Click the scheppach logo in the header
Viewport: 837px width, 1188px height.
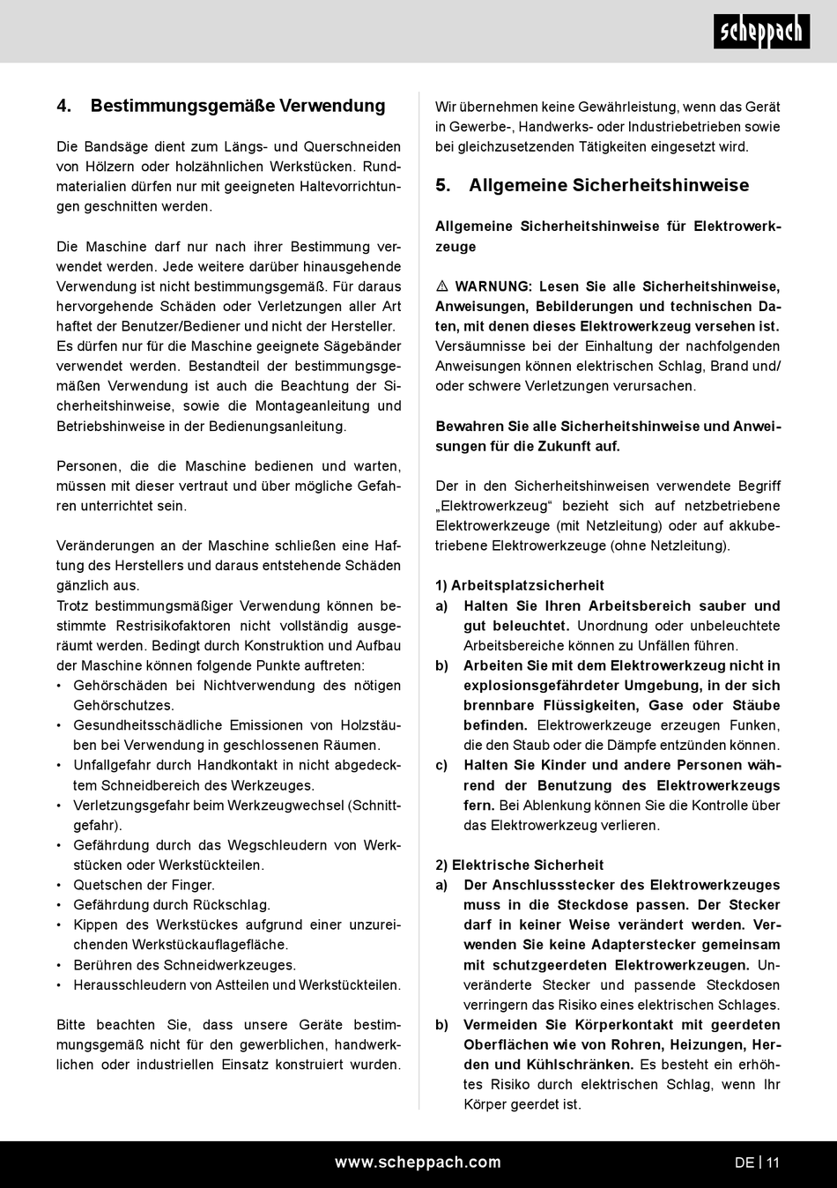tap(761, 32)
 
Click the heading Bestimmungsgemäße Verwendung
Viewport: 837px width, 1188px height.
tap(238, 106)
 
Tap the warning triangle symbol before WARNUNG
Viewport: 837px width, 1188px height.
tap(442, 287)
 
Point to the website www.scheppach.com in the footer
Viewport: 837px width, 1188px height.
tap(418, 1162)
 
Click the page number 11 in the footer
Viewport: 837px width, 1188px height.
tap(773, 1162)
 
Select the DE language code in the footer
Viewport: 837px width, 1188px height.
tap(744, 1162)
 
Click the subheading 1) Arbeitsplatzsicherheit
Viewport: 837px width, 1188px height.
tap(520, 585)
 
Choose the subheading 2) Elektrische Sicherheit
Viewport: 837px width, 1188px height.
tap(520, 865)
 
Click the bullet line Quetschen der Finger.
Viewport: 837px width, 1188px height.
tap(144, 885)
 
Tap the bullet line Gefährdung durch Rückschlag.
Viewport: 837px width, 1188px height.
tap(172, 905)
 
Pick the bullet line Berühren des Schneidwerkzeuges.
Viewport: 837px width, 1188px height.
tap(184, 965)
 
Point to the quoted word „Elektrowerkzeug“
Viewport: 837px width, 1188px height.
tap(494, 506)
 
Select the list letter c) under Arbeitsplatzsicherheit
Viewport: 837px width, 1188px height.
tap(442, 765)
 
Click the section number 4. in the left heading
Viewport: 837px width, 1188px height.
tap(64, 106)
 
